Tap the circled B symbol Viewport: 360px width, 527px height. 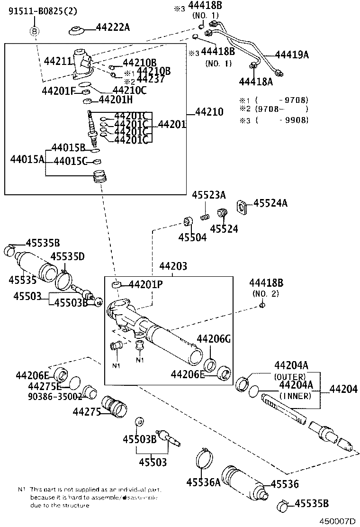[35, 32]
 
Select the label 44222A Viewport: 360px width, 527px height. [113, 27]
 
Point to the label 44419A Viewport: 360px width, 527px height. [292, 55]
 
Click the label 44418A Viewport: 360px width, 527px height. [256, 82]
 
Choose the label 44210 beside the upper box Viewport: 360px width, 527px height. [209, 112]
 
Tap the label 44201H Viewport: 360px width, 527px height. [116, 100]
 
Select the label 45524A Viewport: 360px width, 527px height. [270, 203]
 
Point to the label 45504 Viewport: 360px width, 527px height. [192, 237]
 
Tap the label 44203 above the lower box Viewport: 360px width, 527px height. [173, 267]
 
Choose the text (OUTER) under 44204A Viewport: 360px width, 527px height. [291, 377]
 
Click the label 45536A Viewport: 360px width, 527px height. [204, 482]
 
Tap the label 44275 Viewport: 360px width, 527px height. [87, 412]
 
